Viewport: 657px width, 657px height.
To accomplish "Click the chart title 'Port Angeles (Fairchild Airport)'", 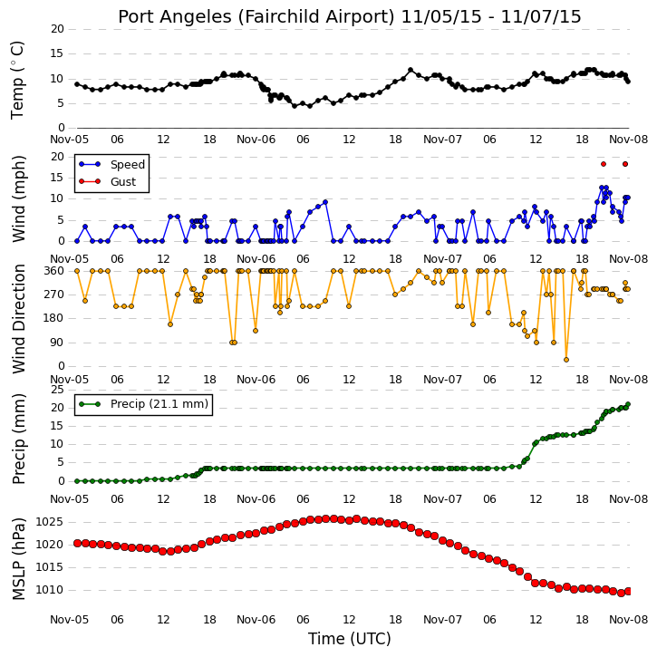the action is pos(256,17).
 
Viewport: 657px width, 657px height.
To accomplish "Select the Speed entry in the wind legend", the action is pos(111,164).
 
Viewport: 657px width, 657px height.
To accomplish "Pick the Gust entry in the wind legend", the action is pos(108,181).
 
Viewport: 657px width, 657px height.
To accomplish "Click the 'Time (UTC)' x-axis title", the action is pos(350,639).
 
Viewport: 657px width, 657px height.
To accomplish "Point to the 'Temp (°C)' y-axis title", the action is pos(17,80).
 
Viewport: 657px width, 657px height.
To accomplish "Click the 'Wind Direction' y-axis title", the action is pos(18,319).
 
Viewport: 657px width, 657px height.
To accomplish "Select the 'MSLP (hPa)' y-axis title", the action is pos(18,558).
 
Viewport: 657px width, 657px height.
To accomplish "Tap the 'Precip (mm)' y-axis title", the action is pos(18,439).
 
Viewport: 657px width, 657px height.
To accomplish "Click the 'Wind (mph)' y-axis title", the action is pos(18,198).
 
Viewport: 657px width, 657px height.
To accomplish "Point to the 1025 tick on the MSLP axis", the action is pos(49,522).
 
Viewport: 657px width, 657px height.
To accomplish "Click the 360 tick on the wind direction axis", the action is pos(54,271).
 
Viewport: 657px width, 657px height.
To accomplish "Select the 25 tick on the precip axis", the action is pos(57,390).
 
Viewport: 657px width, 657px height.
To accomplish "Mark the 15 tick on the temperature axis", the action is pos(57,53).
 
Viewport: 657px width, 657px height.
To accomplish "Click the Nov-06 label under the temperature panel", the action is pos(256,140).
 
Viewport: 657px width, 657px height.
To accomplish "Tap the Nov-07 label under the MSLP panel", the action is pos(442,620).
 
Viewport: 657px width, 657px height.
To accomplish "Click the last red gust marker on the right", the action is pos(625,164).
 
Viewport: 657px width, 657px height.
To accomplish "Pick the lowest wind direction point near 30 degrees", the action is pos(566,360).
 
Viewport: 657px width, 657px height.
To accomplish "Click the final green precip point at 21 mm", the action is pos(628,404).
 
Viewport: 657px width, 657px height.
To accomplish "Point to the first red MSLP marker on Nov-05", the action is pos(78,543).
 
